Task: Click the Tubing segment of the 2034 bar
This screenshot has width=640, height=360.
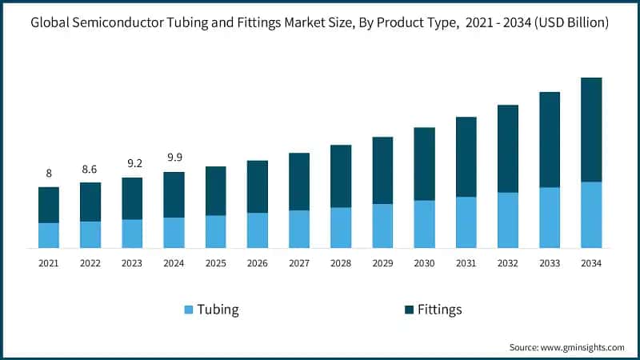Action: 590,214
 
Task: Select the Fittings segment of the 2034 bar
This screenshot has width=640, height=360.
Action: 590,130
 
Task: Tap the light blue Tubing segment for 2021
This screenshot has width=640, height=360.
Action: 49,235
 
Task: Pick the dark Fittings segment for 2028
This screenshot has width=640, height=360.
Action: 341,176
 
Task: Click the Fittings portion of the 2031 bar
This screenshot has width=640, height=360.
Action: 466,157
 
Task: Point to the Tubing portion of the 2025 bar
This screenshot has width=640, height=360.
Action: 215,231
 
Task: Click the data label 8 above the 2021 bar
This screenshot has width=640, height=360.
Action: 49,174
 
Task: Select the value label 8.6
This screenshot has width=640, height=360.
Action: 90,169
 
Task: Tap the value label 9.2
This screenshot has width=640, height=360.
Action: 132,164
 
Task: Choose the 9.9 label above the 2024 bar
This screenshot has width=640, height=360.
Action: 174,158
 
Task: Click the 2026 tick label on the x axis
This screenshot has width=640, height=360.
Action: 257,263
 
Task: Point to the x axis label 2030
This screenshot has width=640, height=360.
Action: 424,263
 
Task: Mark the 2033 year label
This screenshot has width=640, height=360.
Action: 549,263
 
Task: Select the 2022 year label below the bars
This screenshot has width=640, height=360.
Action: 90,263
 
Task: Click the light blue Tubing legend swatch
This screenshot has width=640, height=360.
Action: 188,310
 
